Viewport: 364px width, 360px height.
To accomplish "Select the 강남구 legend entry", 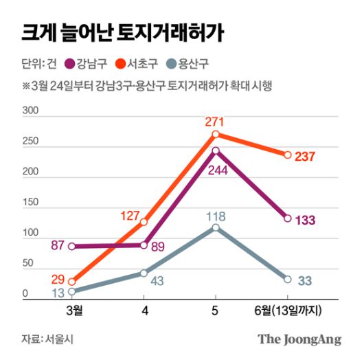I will [x=88, y=65].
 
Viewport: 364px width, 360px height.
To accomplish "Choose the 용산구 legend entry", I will [x=192, y=65].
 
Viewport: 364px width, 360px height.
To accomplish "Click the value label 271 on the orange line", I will [x=215, y=122].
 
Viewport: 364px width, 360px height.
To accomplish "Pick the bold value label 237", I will [x=305, y=156].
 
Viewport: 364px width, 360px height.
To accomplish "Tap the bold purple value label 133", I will [x=305, y=219].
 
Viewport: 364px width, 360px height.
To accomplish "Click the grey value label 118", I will [x=215, y=216].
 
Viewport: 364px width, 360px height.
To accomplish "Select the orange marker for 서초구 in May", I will [x=216, y=135].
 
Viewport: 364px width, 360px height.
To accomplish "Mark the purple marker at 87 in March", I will [x=72, y=246].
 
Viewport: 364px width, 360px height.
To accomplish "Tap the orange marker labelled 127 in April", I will [x=144, y=222].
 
